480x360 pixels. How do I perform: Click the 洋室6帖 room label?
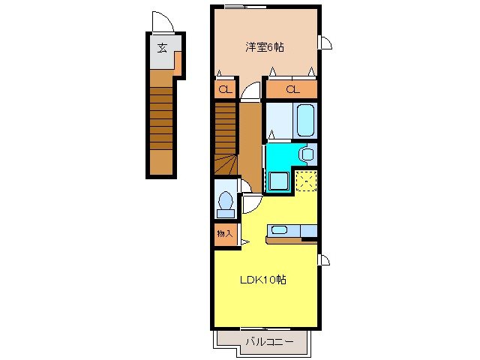coord(265,46)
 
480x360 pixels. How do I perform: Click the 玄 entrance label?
coord(162,49)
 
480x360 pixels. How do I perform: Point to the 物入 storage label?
coord(224,234)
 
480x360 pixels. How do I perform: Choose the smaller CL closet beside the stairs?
coord(223,90)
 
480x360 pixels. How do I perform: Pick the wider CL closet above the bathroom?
coord(292,90)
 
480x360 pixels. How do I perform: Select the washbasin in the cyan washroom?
coord(306,154)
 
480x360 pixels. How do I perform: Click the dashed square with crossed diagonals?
coord(306,181)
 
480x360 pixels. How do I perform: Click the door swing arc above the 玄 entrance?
coord(163,22)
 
